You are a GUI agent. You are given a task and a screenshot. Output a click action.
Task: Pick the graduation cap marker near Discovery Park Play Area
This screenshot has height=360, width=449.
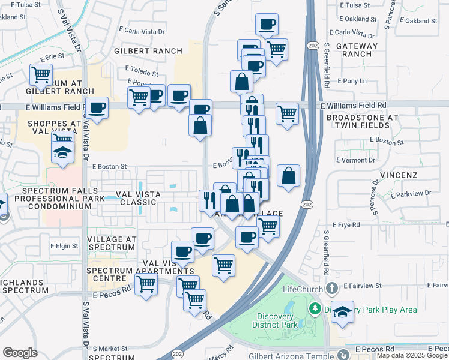(342, 312)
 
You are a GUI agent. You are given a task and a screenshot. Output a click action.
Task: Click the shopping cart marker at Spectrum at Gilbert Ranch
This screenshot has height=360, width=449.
(41, 76)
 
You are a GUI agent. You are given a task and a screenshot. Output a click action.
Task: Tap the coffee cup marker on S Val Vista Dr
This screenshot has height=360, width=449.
(97, 109)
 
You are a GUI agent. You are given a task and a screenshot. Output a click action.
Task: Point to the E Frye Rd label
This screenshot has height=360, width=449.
(347, 224)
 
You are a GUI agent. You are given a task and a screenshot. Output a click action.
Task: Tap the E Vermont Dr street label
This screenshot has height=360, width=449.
(357, 160)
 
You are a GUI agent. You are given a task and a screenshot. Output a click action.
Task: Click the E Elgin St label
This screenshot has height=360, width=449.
(65, 245)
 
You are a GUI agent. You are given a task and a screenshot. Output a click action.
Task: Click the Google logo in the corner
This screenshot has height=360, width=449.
(20, 353)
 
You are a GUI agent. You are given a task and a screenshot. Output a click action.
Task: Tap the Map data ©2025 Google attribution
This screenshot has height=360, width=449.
(412, 356)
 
